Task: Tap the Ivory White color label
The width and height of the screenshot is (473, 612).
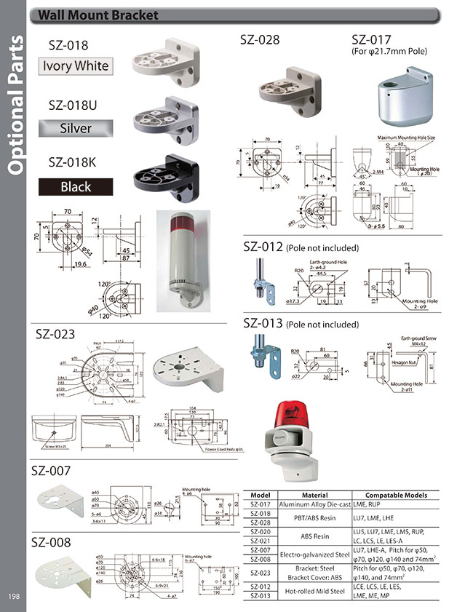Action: point(76,66)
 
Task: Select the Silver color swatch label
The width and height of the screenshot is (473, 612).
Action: point(76,128)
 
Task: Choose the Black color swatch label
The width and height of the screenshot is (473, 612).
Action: point(76,187)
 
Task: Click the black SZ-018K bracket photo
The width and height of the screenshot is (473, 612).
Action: point(166,178)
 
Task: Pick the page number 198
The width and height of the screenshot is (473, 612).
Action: point(15,597)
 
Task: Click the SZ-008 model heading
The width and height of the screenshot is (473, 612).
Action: point(50,542)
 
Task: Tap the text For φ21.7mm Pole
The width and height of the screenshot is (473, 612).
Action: point(389,52)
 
